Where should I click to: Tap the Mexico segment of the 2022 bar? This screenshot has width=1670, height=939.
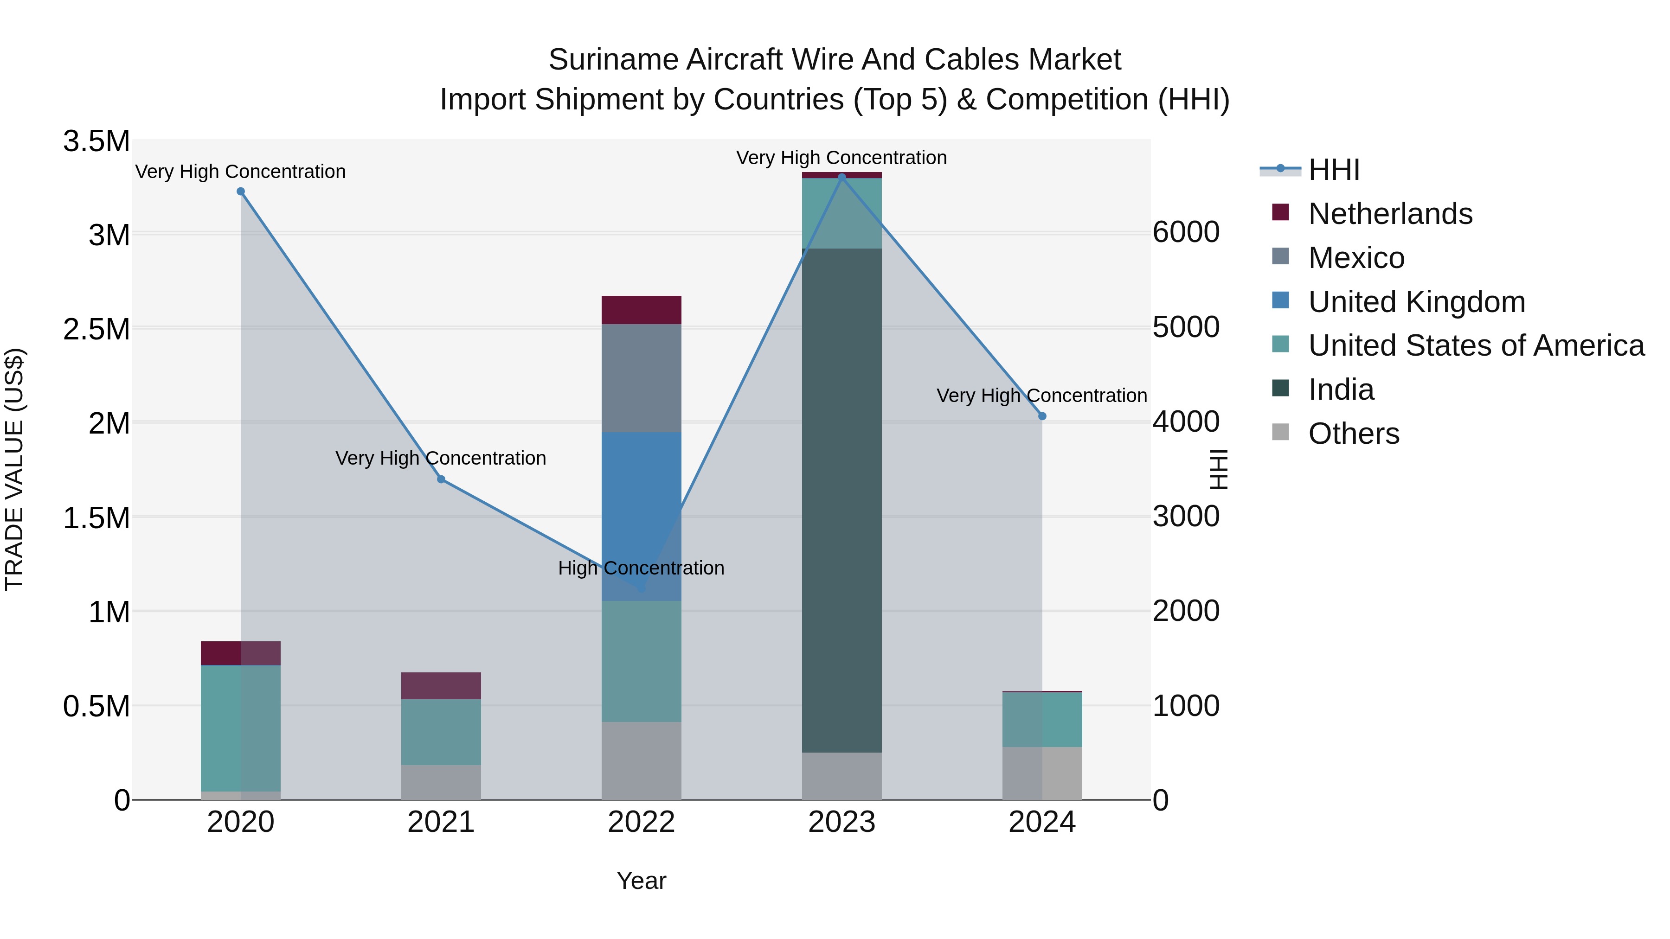coord(641,378)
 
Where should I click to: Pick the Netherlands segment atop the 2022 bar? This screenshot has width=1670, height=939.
coord(641,310)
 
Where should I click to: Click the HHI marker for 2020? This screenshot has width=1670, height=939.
coord(240,191)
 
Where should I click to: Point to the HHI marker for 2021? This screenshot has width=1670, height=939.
coord(441,479)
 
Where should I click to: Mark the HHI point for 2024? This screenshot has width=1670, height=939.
coord(1042,416)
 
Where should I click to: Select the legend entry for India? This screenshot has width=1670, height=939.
coord(1340,390)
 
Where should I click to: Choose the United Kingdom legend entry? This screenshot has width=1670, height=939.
coord(1417,302)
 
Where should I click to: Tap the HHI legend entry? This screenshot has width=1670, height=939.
coord(1334,170)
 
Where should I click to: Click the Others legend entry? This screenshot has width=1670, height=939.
coord(1353,434)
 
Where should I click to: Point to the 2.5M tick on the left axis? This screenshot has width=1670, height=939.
coord(96,329)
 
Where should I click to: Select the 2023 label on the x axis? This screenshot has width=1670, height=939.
coord(841,822)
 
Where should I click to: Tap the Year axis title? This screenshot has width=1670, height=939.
coord(641,881)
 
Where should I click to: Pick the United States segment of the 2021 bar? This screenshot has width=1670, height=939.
coord(441,732)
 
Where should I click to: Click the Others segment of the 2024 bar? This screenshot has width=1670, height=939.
coord(1042,773)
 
